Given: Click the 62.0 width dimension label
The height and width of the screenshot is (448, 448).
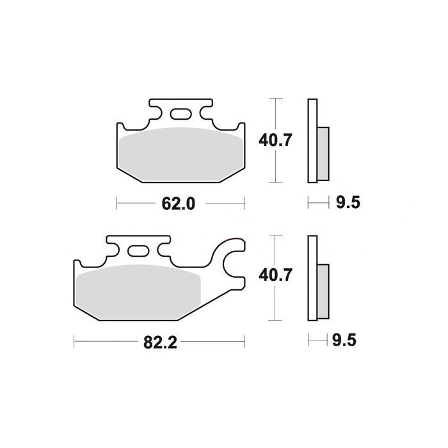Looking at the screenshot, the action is [179, 204].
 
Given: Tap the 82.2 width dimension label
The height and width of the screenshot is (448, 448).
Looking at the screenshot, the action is [160, 342].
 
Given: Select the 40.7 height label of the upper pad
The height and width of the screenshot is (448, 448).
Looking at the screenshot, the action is [275, 140].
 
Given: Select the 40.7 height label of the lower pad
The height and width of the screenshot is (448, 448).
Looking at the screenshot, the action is [275, 275].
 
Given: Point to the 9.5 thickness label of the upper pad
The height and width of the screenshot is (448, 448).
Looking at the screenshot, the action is [348, 203].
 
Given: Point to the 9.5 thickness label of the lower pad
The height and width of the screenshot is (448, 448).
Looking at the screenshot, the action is [344, 340].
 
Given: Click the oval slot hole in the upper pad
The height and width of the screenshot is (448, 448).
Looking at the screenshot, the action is [180, 114].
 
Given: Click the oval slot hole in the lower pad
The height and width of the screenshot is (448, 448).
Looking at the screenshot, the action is [138, 251].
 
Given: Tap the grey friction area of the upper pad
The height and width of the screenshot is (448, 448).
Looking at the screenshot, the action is [181, 154].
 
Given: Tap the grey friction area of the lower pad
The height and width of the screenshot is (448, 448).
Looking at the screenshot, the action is [139, 291].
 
